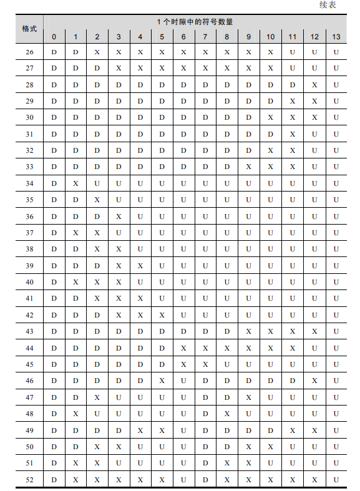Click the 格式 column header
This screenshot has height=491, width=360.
point(29,29)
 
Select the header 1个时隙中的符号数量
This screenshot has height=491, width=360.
point(195,22)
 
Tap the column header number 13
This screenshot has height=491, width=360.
point(336,37)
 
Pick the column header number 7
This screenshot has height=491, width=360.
point(205,37)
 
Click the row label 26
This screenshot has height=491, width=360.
point(29,52)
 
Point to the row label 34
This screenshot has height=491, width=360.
point(29,183)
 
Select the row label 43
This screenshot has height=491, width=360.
point(29,331)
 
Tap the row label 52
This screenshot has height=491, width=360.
point(29,479)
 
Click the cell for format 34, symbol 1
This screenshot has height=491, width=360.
point(75,183)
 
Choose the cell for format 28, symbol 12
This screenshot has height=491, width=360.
point(314,85)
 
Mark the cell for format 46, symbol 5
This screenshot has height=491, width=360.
point(162,381)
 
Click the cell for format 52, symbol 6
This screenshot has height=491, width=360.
point(183,479)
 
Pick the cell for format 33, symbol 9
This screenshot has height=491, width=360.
point(249,167)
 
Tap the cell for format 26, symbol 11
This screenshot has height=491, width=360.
point(293,52)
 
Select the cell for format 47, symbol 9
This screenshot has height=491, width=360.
point(249,397)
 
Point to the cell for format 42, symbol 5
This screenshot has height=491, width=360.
point(162,315)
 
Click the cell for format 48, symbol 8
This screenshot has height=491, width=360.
point(227,414)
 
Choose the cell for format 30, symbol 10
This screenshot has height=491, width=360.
point(271,117)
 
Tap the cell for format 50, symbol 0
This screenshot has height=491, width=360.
point(54,447)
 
